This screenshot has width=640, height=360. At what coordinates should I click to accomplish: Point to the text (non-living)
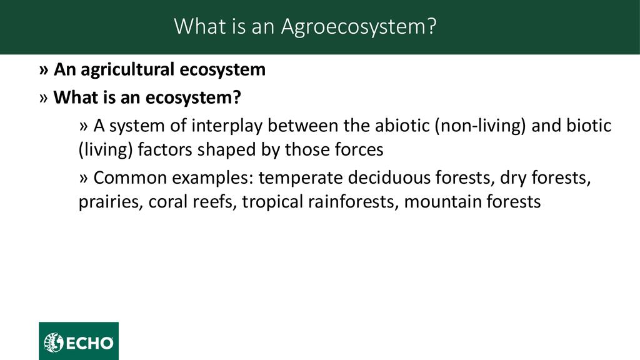(x=481, y=126)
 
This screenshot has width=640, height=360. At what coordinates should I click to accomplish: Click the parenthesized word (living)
(x=106, y=150)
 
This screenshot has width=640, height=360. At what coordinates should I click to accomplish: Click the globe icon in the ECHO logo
(x=54, y=342)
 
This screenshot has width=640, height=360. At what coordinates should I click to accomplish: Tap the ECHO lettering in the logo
(x=89, y=343)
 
